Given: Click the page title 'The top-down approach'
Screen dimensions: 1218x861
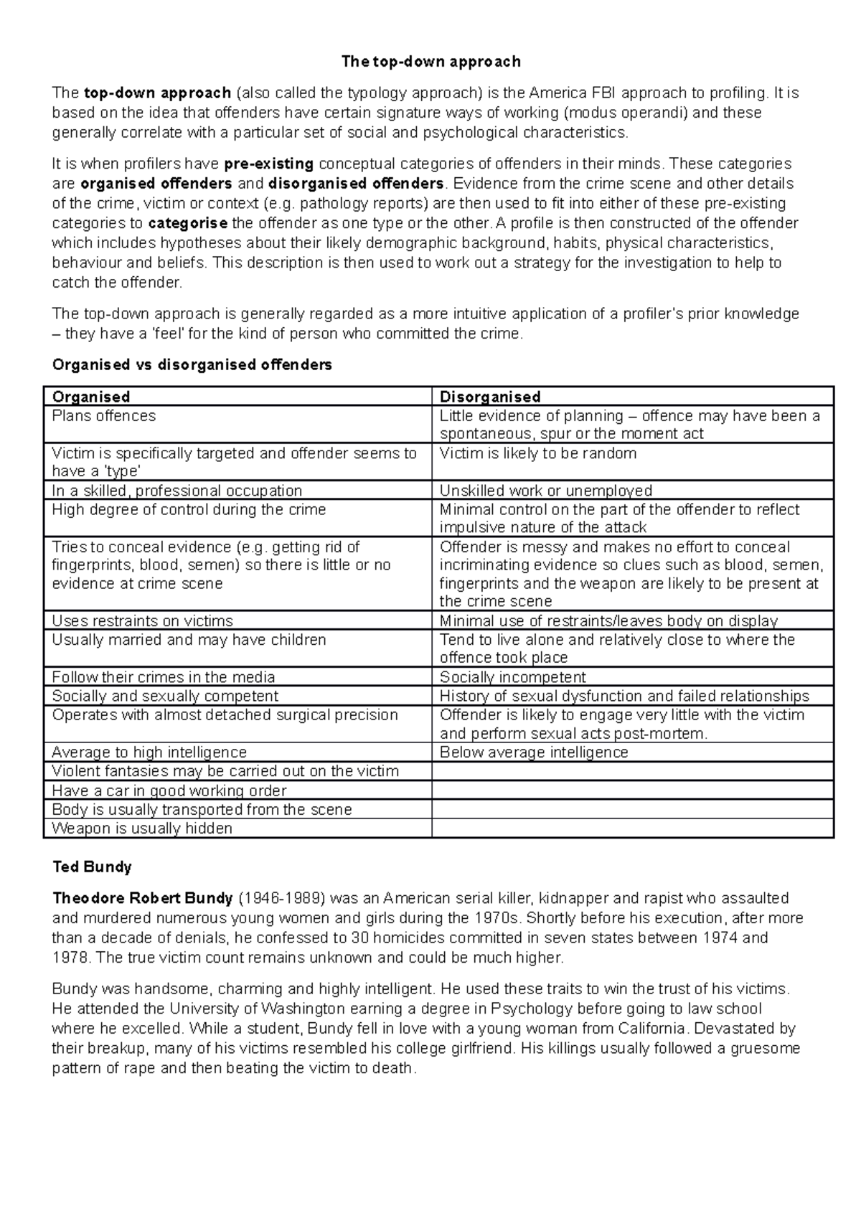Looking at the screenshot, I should tap(430, 62).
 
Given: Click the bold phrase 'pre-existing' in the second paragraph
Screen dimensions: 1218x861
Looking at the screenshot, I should tap(268, 164).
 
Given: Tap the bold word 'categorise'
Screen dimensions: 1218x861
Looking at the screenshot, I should tap(188, 222).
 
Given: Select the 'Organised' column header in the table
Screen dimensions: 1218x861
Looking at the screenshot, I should tap(91, 397).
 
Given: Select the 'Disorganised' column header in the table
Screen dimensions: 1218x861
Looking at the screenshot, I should tap(489, 397).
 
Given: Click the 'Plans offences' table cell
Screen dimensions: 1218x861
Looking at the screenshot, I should tap(104, 416).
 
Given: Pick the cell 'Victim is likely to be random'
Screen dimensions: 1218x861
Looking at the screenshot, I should tap(537, 453).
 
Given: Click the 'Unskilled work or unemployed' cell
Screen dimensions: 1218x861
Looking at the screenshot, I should tap(545, 491).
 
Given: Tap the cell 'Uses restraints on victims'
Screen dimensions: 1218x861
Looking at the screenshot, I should tap(143, 621).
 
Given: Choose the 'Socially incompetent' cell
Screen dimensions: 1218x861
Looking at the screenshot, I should tap(512, 677).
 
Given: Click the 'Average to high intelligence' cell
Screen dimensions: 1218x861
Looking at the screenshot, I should tap(149, 752).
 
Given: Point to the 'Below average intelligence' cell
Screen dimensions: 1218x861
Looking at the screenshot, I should tap(534, 752).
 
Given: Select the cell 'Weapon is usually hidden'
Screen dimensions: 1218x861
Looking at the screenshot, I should tap(142, 828).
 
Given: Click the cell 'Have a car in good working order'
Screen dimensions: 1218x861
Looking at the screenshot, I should tap(169, 790).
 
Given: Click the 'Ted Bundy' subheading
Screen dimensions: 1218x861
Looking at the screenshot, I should tap(92, 867).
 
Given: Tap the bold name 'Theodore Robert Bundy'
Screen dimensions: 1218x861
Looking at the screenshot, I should tap(143, 898).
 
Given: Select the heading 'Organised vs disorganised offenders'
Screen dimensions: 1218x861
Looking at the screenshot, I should tap(192, 365).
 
